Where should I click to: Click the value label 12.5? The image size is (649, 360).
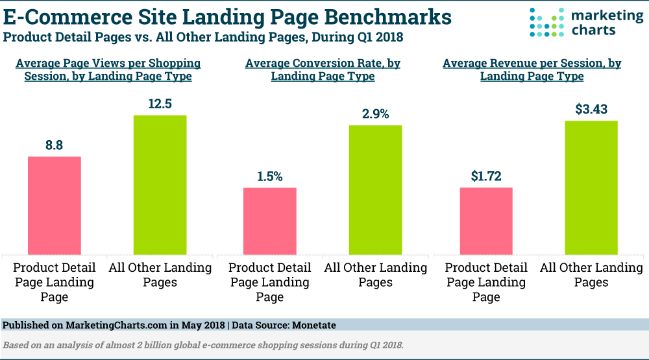pos(160,103)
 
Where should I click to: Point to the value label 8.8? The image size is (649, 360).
pos(54,145)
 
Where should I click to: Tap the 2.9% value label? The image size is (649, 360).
pos(375,114)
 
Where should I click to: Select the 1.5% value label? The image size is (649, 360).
pos(270,176)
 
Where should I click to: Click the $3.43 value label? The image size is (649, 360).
pos(591,109)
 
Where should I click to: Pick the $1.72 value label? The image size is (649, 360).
pos(486,176)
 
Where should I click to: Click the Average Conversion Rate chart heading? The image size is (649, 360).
pos(323,69)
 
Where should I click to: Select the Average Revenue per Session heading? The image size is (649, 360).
pos(532,69)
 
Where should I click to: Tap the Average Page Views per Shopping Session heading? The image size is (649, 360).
pos(108,69)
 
